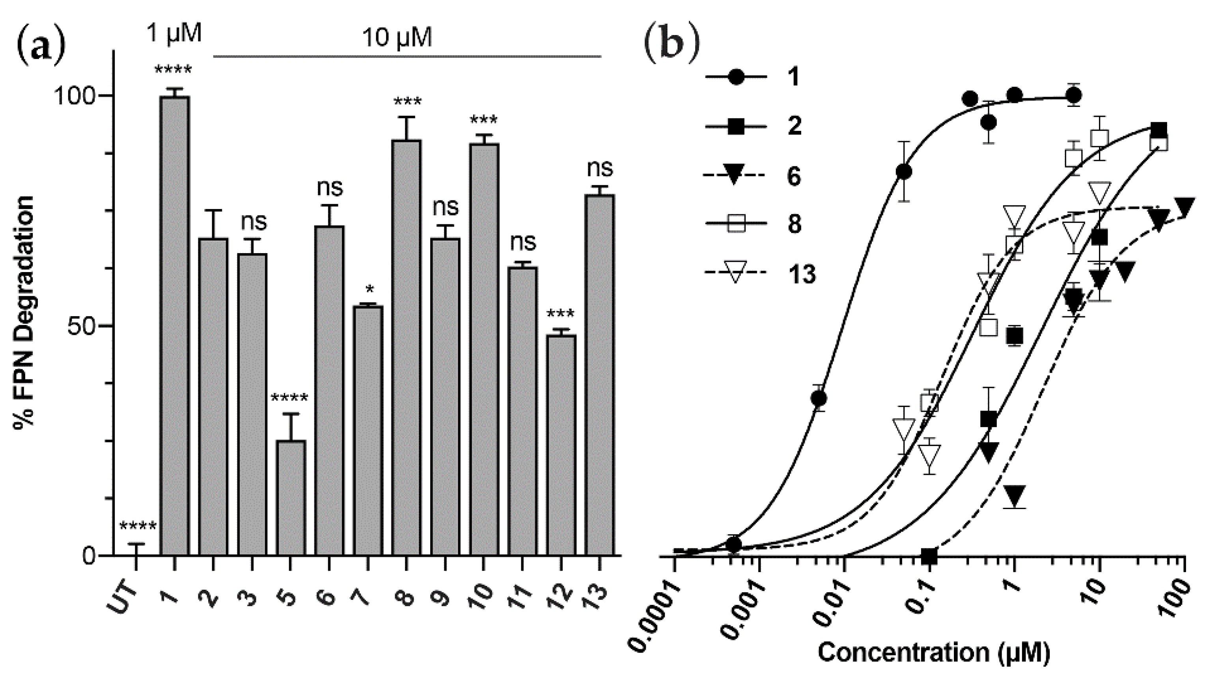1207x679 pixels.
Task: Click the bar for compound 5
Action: click(x=291, y=498)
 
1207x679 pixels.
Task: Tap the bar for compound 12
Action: click(x=561, y=445)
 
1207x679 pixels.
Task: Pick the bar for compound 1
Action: click(x=175, y=326)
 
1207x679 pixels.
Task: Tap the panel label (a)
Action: click(x=41, y=53)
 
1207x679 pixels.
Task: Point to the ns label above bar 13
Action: click(x=600, y=168)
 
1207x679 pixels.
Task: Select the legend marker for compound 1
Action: click(x=736, y=77)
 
